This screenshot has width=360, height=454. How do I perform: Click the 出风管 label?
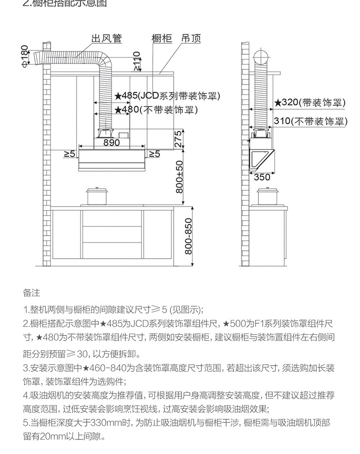click(x=107, y=39)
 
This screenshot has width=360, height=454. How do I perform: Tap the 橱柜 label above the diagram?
click(x=161, y=39)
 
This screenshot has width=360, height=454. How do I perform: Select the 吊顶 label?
click(x=191, y=39)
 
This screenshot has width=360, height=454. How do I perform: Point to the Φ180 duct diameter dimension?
click(x=25, y=56)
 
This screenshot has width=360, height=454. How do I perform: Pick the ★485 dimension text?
click(x=167, y=96)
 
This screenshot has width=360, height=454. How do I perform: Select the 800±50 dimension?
click(x=180, y=176)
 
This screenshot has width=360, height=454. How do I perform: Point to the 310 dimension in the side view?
click(x=310, y=121)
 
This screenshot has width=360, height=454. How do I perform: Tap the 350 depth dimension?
click(x=262, y=177)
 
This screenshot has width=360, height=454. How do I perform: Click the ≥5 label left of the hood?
click(x=69, y=154)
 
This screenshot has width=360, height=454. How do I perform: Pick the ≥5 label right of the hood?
click(x=154, y=154)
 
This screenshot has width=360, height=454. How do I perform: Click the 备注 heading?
click(x=31, y=292)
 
